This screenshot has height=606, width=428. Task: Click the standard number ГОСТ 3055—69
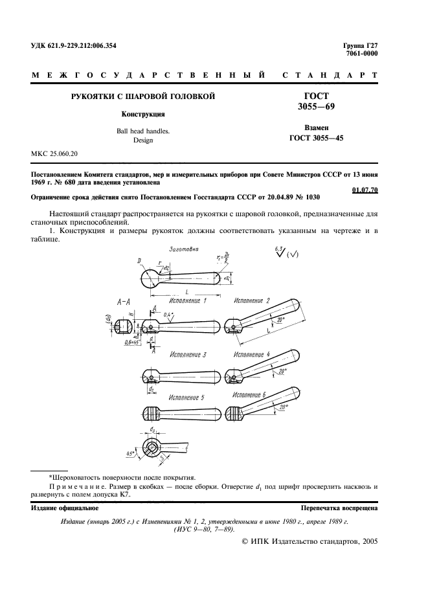316,101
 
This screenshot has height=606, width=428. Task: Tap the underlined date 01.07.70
365,189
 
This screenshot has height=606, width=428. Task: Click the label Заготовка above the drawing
183,249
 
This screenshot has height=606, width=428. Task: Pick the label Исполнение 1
188,301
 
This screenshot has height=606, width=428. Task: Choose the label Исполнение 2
252,301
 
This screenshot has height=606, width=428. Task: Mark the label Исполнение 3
188,355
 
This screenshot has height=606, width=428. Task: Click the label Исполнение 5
187,397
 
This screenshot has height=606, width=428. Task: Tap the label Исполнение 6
249,395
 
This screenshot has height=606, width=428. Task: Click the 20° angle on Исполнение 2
279,320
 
